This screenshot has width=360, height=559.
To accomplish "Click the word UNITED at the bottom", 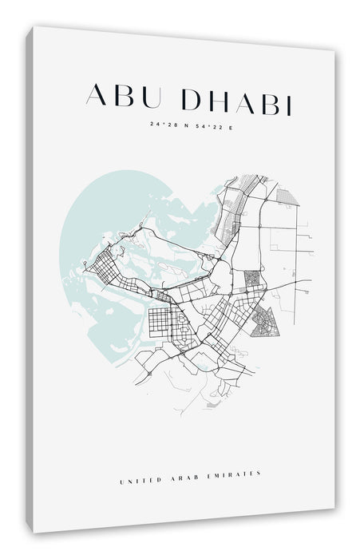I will tap(138, 457).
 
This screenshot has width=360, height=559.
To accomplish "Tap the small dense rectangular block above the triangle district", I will tap(251, 279).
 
